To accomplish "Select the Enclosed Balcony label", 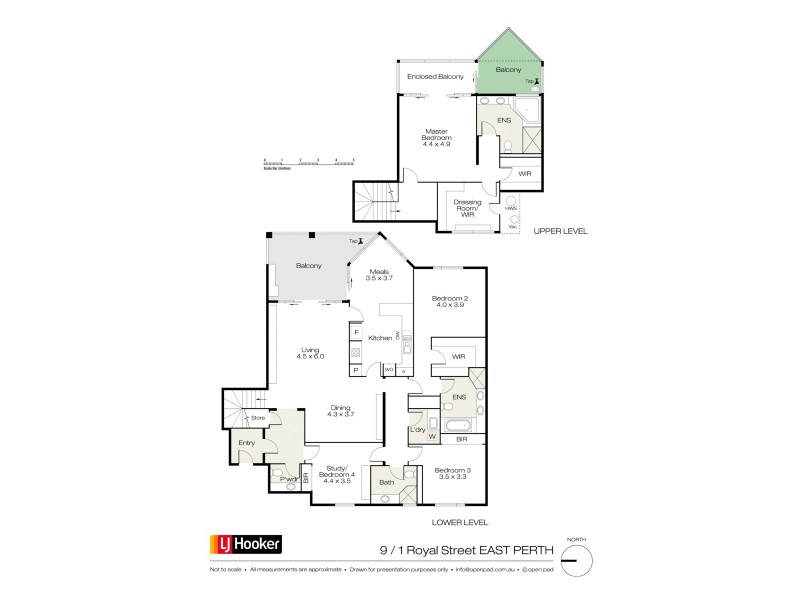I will (x=434, y=76).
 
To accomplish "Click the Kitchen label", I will (x=379, y=338).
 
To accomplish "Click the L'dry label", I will (x=418, y=430).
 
